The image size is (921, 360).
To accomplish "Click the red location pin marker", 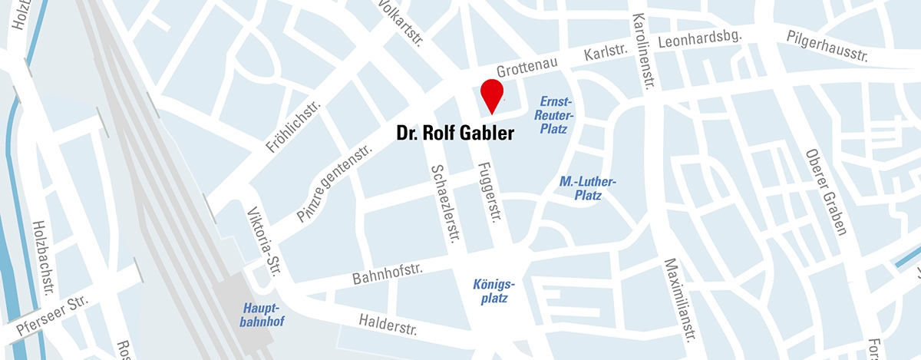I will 491,93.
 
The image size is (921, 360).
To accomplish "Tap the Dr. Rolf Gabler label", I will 454,134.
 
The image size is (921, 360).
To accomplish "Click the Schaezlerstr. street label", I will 444,203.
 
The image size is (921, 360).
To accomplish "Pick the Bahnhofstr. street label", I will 388,272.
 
